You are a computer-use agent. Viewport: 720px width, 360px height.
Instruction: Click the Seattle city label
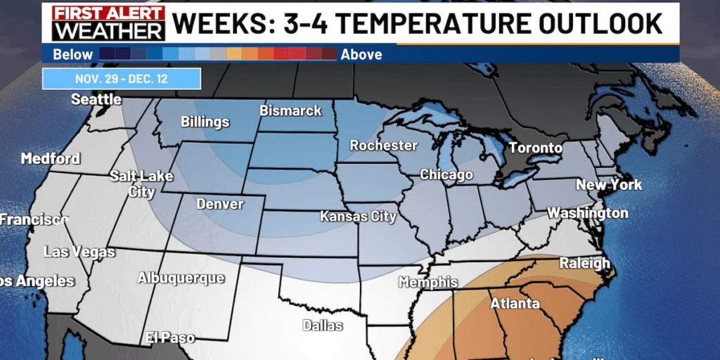point(96,100)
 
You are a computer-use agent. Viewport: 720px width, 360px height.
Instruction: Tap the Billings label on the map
point(205,122)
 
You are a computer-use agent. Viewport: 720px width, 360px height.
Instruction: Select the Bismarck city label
point(290,110)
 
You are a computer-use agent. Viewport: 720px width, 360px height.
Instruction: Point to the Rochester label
point(383,146)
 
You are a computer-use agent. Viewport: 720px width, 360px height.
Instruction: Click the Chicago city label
point(446,174)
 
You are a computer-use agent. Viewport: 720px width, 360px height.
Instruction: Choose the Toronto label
point(535,148)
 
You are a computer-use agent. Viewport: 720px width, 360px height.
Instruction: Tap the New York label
point(609,185)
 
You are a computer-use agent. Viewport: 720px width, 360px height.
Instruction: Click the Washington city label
point(588,212)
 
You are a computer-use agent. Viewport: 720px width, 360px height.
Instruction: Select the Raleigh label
point(584,263)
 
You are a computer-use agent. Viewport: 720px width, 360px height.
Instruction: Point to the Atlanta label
point(515,303)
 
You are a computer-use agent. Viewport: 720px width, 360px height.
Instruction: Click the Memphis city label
point(428,283)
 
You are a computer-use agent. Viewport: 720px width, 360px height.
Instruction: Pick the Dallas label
point(323,325)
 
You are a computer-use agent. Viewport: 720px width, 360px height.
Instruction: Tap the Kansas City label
point(358,217)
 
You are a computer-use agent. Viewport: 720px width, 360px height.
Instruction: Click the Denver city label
point(220,205)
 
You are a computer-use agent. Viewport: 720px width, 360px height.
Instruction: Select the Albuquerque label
point(181,278)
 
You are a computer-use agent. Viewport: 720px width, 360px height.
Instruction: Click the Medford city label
point(51,159)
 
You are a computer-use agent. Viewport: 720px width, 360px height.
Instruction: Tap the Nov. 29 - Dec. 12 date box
point(122,79)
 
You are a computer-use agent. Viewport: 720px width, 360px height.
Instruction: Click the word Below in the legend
point(72,54)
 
